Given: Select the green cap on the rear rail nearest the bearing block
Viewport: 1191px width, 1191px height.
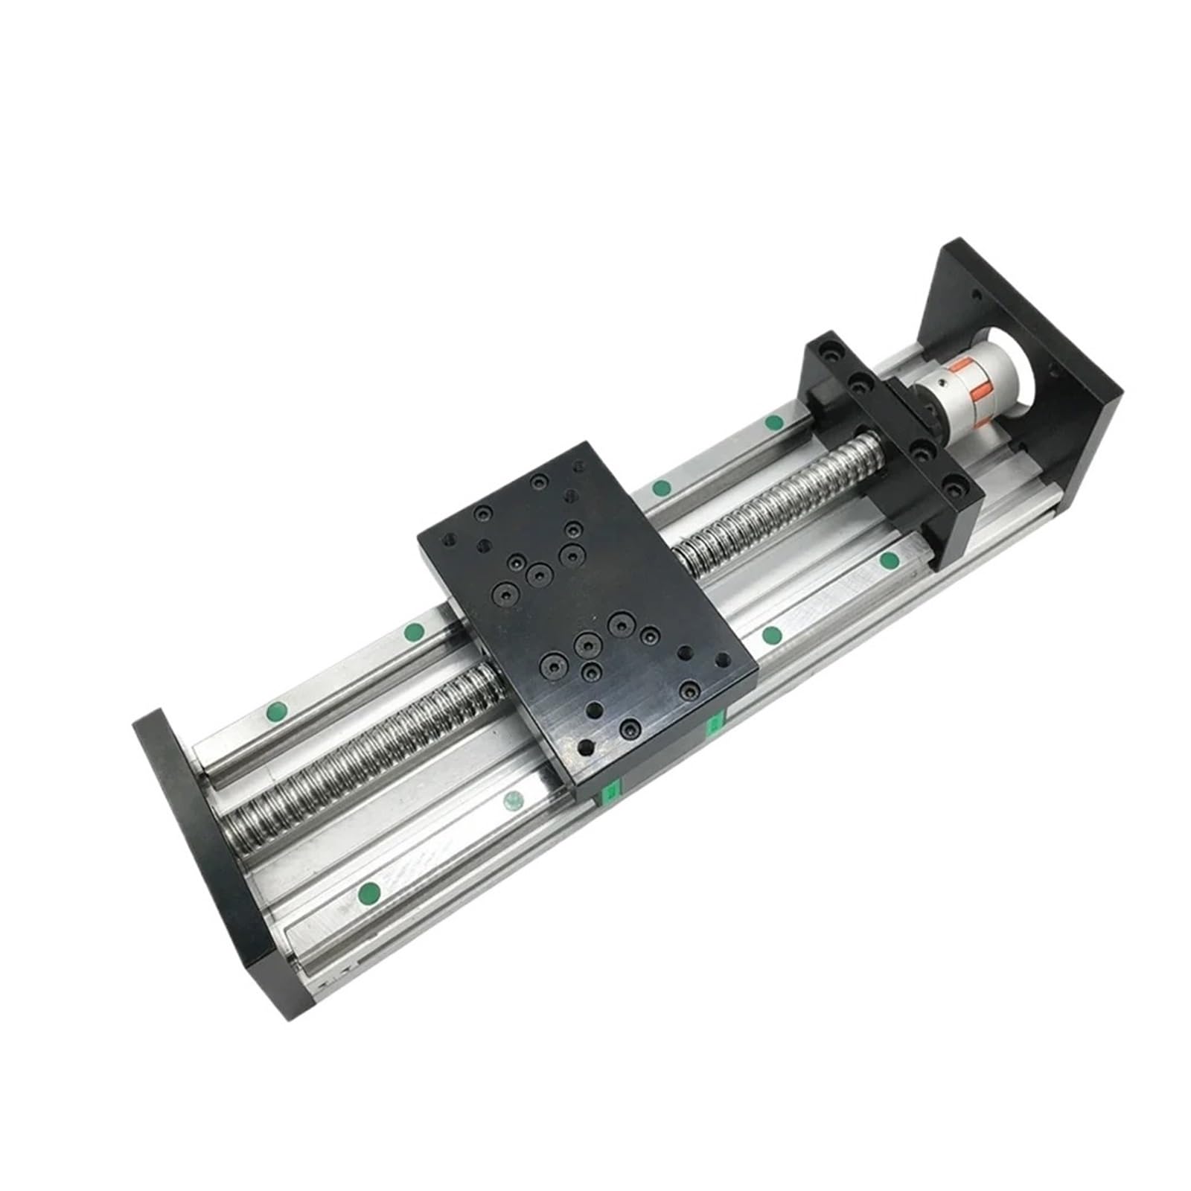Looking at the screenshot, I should tap(773, 423).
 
